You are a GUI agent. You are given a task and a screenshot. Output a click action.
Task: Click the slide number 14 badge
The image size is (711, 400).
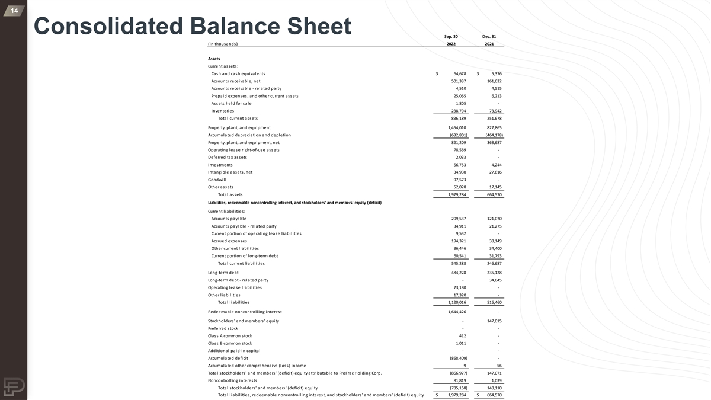click(x=13, y=11)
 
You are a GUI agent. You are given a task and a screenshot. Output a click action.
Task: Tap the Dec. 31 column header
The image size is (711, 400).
click(x=489, y=36)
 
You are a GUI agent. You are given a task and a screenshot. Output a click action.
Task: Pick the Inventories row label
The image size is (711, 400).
click(x=222, y=111)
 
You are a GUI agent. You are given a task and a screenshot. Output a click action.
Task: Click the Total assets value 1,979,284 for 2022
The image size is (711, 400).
click(x=454, y=195)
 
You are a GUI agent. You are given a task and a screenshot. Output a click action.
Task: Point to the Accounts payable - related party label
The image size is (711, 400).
click(x=244, y=226)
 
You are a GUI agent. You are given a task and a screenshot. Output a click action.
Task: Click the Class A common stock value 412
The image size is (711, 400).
click(x=463, y=335)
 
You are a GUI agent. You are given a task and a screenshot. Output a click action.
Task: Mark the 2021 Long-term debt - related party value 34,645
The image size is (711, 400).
click(x=494, y=280)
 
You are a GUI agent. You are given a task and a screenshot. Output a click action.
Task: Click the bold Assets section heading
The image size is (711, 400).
click(x=214, y=59)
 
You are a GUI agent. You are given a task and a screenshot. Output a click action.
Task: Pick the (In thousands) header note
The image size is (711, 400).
click(x=223, y=44)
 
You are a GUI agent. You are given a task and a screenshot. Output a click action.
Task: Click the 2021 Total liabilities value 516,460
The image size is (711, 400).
click(x=493, y=303)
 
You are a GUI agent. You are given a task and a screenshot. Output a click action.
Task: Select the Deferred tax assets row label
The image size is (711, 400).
click(x=228, y=157)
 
